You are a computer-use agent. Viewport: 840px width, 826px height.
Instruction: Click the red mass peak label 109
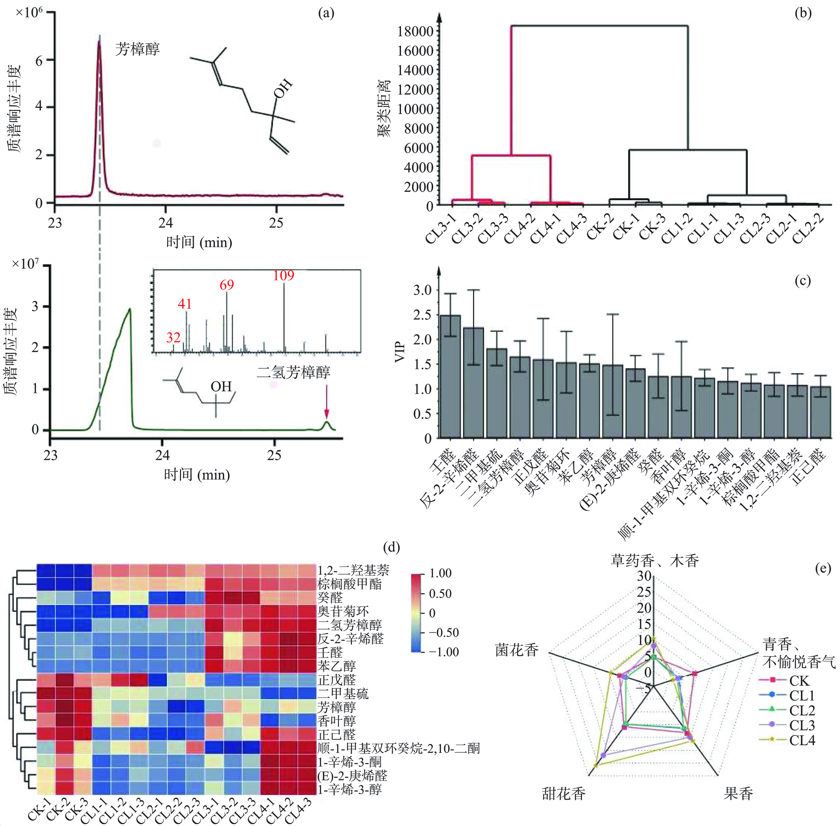coord(283,275)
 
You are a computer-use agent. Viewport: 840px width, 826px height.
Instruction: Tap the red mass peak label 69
coord(227,285)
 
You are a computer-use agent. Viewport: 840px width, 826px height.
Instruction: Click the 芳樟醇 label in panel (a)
coord(137,49)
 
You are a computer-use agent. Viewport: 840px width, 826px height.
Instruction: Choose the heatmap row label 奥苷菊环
coord(343,611)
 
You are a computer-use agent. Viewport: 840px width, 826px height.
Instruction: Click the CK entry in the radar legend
coord(799,681)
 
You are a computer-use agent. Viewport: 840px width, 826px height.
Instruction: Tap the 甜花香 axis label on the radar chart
coord(563,793)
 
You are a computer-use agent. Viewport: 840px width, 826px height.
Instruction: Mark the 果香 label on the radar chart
coord(738,793)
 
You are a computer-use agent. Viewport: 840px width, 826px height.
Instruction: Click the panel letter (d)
coord(392,548)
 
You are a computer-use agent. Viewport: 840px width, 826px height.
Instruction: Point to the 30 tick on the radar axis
coord(644,576)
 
